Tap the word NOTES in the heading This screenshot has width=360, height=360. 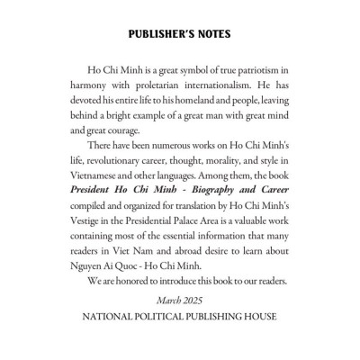coord(211,34)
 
